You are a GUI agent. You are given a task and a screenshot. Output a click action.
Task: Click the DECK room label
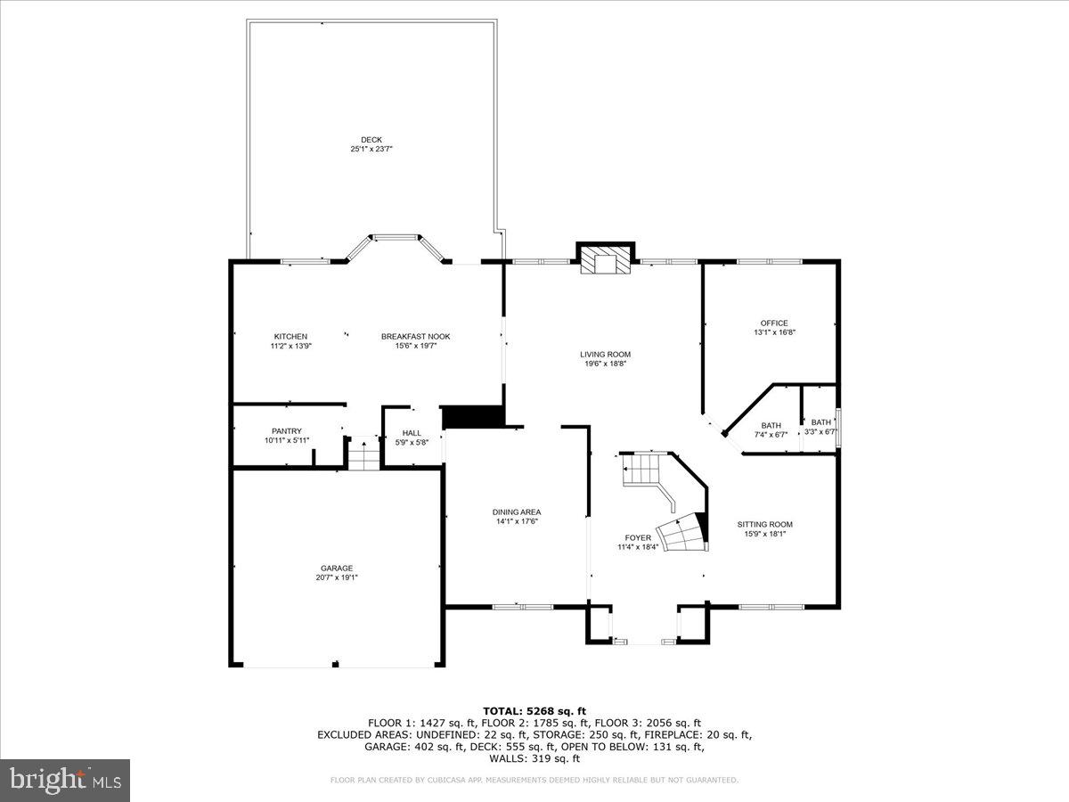371,140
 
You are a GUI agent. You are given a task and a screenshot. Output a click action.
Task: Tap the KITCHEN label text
290,336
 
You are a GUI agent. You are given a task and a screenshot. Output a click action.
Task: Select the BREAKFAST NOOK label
415,336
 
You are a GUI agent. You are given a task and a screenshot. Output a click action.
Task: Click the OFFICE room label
773,323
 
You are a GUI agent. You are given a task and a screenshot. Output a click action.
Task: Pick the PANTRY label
286,431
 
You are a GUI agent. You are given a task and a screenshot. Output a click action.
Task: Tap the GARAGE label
337,568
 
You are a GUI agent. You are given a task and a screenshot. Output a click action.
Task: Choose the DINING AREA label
517,511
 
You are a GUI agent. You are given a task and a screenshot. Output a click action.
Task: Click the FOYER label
638,537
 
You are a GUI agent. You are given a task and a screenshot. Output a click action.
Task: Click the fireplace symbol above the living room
605,259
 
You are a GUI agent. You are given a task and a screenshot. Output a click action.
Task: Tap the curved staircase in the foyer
681,533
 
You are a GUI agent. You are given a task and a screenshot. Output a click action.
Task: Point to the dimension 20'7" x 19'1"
337,577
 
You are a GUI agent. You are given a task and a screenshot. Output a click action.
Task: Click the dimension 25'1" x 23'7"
371,150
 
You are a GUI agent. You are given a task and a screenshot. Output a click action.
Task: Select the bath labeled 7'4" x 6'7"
771,430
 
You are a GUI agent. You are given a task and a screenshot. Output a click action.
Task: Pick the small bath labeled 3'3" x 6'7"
820,427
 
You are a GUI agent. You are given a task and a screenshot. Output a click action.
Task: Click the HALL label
412,433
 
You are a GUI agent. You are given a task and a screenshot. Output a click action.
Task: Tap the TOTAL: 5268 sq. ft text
534,710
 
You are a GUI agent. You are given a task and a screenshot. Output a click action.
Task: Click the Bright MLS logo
65,780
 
